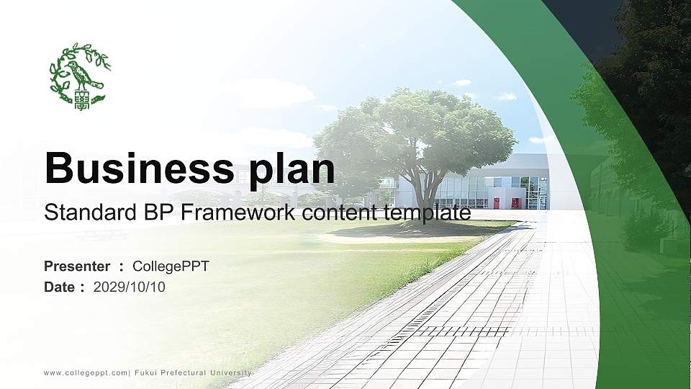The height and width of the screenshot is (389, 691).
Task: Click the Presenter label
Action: [x=77, y=267]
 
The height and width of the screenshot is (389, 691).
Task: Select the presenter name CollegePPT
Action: [x=171, y=267]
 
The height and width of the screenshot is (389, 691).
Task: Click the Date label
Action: [x=59, y=287]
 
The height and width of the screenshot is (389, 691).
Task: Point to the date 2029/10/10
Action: [x=130, y=287]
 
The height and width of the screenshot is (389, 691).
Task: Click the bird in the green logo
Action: [x=78, y=72]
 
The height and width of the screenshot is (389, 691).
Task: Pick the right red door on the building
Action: [x=515, y=203]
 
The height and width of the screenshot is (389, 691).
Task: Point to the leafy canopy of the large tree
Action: [x=417, y=130]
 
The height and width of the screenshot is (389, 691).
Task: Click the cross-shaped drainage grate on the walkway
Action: [x=461, y=331]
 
